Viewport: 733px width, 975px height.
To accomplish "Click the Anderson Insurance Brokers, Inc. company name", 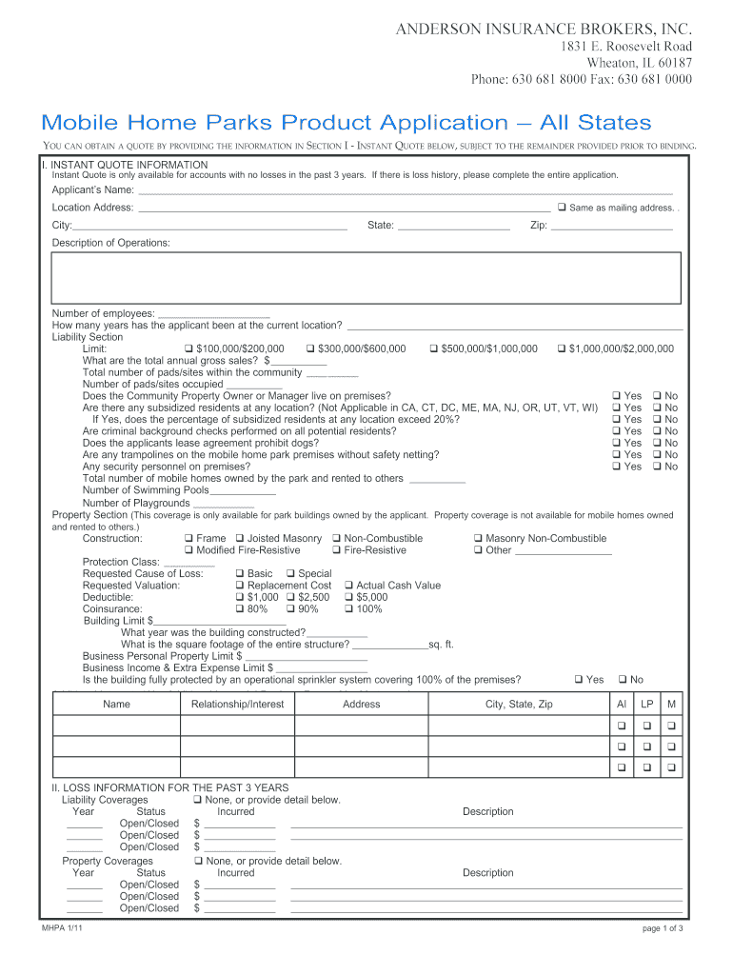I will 544,30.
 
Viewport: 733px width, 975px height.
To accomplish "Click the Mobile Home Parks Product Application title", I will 346,122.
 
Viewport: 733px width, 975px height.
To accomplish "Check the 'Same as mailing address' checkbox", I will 562,208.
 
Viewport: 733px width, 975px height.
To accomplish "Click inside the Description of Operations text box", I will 366,277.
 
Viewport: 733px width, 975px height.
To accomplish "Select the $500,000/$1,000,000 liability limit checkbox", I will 434,348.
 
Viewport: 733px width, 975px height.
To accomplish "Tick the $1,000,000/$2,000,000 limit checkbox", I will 562,348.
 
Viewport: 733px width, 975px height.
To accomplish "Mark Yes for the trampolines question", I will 616,455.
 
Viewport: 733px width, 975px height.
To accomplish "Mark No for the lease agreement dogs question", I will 657,443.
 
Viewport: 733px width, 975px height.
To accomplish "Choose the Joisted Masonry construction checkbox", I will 240,539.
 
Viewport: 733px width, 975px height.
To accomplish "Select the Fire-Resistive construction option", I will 337,550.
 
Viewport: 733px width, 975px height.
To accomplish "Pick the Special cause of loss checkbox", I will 290,574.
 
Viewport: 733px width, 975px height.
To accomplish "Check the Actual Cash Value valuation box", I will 348,586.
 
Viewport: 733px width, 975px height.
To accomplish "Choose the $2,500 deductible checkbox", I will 290,598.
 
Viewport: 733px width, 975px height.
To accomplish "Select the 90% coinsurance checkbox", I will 290,609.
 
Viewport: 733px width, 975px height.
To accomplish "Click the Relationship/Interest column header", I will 238,705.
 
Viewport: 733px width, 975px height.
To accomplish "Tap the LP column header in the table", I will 646,705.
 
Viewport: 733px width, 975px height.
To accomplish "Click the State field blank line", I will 454,227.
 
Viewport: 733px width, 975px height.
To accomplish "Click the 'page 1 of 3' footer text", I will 663,928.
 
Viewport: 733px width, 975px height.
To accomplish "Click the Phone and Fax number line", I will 582,79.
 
